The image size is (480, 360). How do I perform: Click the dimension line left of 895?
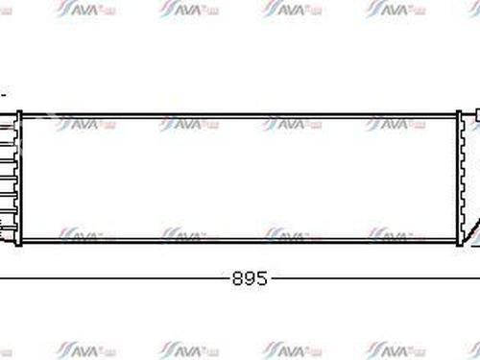115,279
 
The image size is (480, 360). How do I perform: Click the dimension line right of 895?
374,279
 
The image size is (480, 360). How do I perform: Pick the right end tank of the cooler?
465,178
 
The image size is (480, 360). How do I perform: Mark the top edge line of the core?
240,112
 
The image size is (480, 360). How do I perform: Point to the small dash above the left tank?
3,95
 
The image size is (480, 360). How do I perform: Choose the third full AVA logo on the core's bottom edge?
293,234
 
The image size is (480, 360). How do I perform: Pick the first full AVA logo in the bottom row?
84,347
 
